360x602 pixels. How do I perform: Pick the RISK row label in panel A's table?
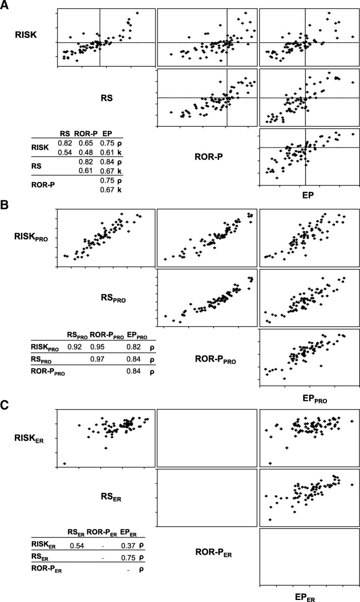[40, 148]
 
